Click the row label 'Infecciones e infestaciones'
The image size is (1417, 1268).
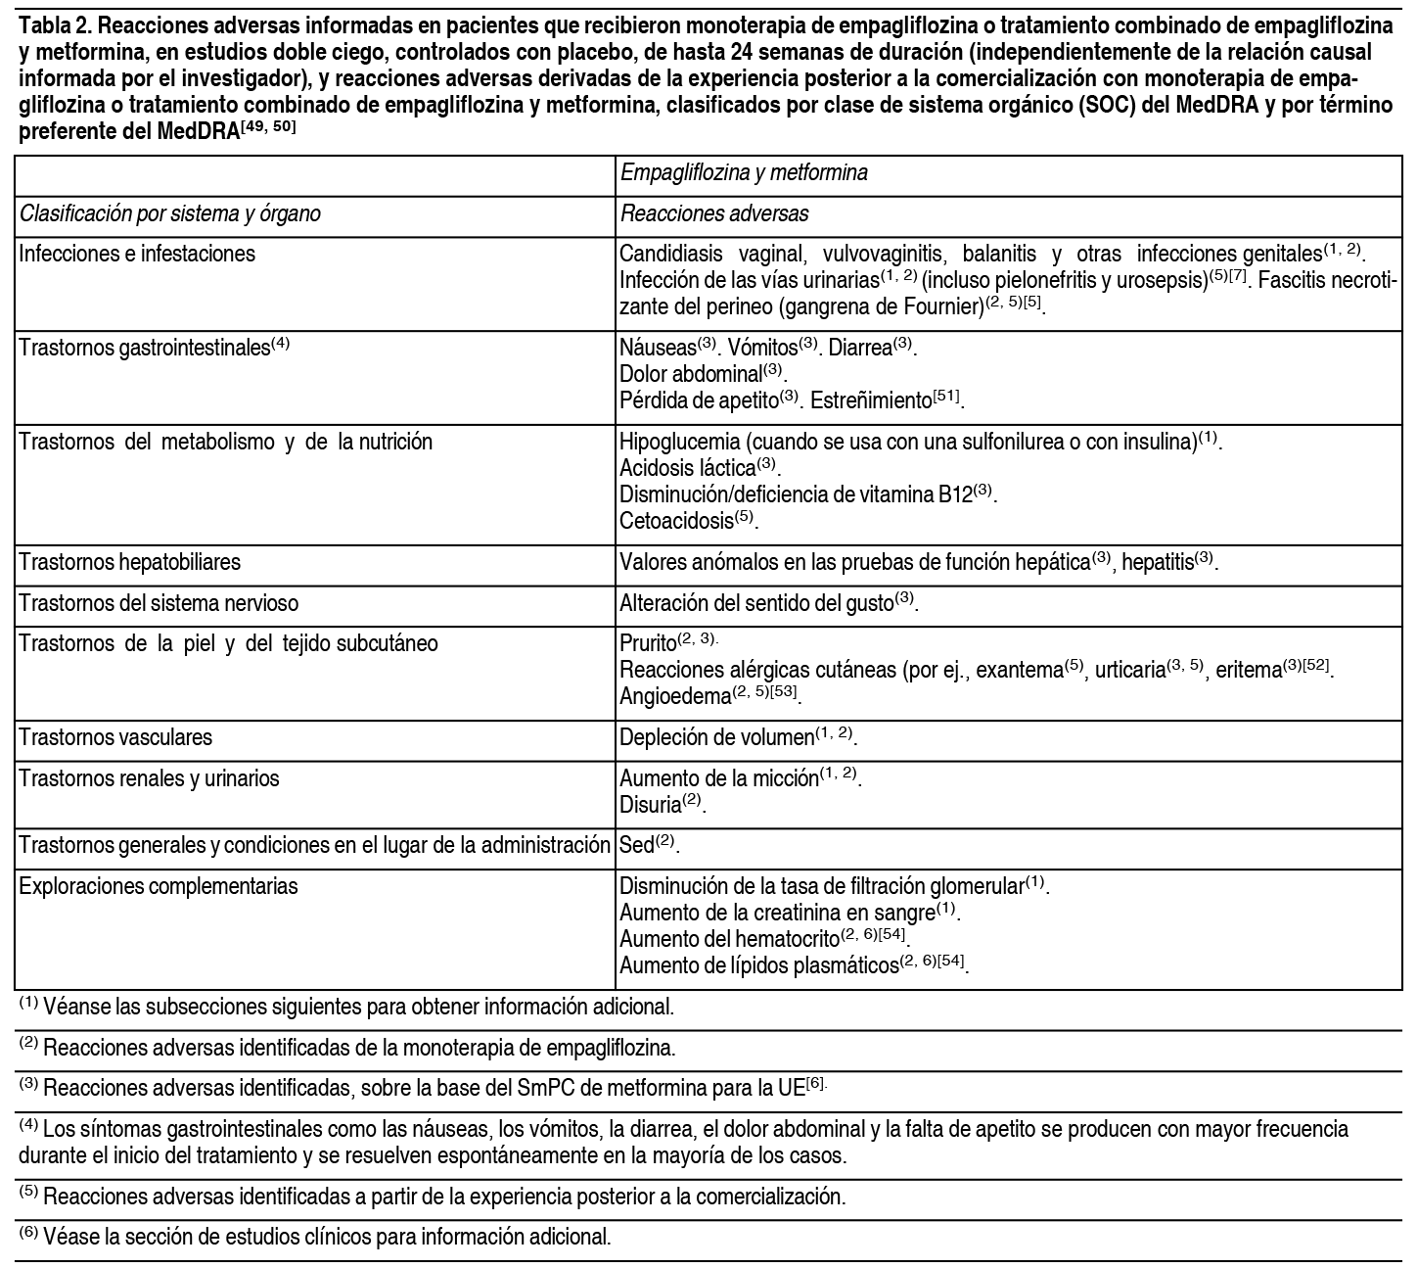137,255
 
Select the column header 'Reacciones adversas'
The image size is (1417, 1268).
713,213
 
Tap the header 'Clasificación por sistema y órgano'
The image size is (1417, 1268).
169,213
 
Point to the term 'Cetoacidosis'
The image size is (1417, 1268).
676,521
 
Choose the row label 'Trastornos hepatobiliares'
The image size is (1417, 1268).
129,563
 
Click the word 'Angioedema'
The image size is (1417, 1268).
675,696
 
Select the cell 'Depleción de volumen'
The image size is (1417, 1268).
717,737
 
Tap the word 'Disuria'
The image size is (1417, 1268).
650,805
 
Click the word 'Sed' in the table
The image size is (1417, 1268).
636,845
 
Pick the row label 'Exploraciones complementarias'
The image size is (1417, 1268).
159,887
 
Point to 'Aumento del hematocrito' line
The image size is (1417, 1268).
730,939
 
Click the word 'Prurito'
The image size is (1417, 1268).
648,643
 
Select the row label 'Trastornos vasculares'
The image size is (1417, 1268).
115,737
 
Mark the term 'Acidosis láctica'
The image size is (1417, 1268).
687,468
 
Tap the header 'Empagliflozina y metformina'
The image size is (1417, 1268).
744,173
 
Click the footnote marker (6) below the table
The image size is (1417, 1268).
28,1233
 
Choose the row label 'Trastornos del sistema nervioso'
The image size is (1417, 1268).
159,603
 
